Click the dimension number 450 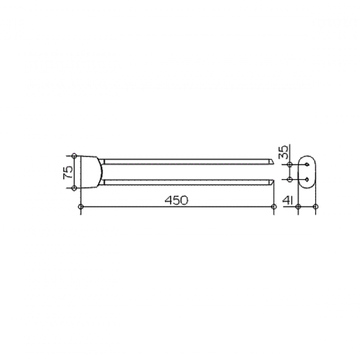(176, 200)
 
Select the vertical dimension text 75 (68, 172)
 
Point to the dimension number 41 (287, 200)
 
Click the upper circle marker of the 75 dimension (74, 156)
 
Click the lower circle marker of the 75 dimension (74, 188)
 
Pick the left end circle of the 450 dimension (81, 207)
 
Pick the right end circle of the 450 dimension (274, 207)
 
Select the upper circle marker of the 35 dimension (290, 164)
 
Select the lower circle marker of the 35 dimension (290, 179)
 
